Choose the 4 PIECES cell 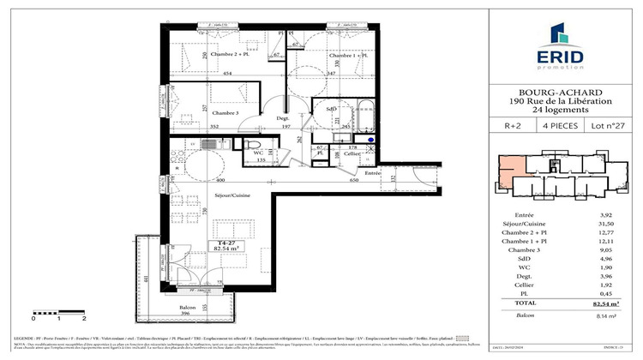pos(558,126)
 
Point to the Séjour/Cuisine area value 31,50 pos(604,226)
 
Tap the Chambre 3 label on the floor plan pos(202,112)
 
